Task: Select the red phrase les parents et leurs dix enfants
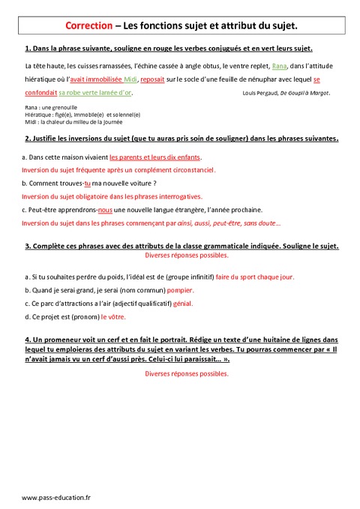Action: pos(155,157)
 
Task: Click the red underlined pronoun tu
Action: pos(87,183)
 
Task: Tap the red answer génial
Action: pos(180,303)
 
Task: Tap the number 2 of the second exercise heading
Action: pos(27,138)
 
